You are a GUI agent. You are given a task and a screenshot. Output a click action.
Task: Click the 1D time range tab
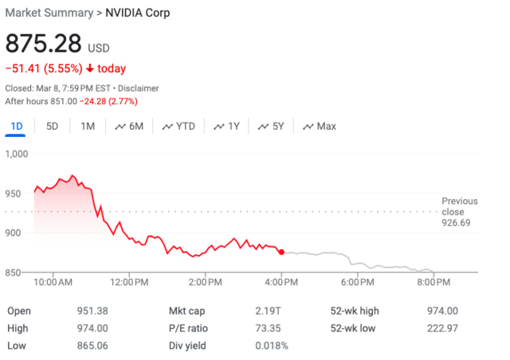pos(16,126)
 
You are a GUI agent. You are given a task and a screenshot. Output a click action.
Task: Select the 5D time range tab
pos(52,126)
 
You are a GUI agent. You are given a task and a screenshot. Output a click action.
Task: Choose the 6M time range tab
pos(129,126)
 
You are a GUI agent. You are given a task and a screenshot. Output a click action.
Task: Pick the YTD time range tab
pos(178,126)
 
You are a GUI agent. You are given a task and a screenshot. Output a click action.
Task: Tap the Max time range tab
pos(319,126)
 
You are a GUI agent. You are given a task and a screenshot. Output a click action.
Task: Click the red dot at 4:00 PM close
pos(281,252)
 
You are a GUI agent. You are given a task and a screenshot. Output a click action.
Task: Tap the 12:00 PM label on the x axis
pos(129,283)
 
